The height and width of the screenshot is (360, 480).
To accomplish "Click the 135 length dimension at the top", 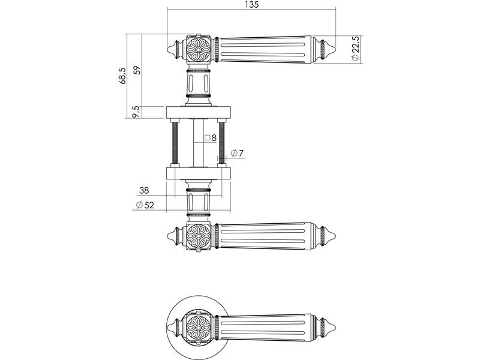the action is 251,5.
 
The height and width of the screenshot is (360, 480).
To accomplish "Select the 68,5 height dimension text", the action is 122,76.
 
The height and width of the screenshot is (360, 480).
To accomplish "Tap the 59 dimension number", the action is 138,70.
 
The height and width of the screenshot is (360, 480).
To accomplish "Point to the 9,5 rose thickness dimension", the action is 137,112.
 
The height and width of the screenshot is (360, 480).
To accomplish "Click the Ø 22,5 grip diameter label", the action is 355,49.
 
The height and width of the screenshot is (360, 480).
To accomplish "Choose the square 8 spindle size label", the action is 211,138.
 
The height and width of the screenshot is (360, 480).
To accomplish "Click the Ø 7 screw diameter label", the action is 237,153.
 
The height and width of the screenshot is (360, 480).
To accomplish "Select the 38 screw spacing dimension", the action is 144,190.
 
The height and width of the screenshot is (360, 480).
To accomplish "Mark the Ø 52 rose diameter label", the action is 145,205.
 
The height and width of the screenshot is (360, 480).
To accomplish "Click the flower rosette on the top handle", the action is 199,50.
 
